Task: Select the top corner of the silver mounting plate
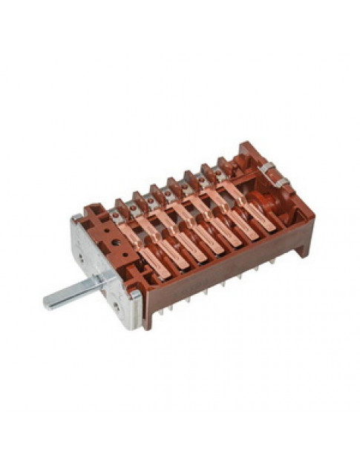75,217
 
